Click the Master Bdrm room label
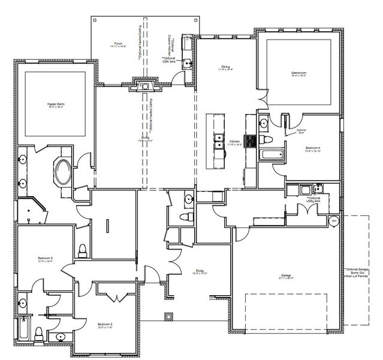56,105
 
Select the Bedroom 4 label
312,148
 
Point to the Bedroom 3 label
46,259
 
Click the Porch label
119,44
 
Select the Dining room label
225,67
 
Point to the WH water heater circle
333,221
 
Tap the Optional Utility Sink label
313,200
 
